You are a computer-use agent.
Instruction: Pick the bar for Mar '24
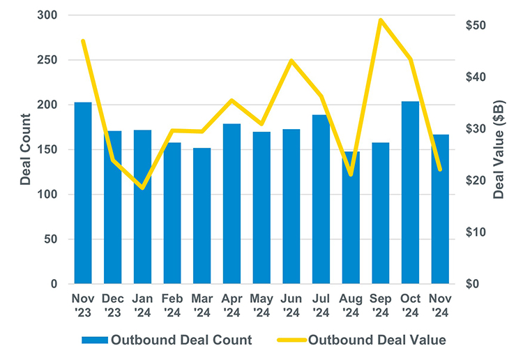point(202,216)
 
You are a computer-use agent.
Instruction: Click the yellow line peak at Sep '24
point(380,20)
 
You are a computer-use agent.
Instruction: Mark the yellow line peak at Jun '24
point(291,60)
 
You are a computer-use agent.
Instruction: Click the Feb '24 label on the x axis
point(172,305)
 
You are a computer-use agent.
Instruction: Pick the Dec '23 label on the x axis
point(113,305)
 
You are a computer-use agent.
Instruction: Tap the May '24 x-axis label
point(261,305)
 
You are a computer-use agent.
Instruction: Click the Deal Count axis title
point(25,149)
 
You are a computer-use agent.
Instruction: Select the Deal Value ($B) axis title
point(499,149)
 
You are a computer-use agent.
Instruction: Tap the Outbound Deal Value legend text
point(377,340)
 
